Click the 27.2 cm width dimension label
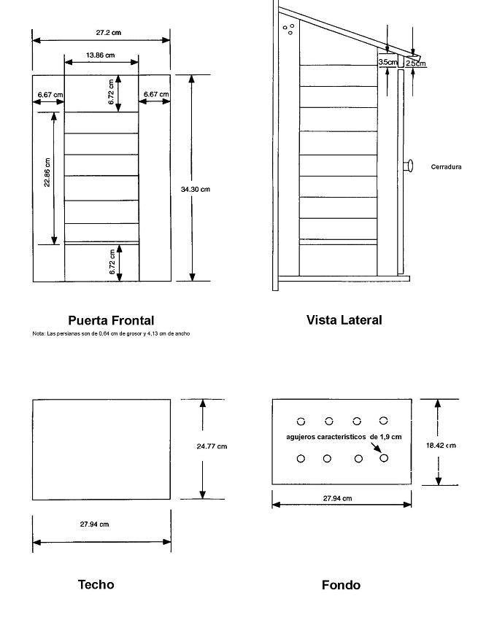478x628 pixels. [x=108, y=32]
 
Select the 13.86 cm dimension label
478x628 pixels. [x=100, y=55]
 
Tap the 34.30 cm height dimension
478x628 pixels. [x=195, y=189]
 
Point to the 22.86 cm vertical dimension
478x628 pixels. [x=47, y=172]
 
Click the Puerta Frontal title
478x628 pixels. [x=111, y=320]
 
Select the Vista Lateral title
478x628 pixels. [x=344, y=320]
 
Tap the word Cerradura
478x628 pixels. [x=446, y=167]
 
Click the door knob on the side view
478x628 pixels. [x=408, y=166]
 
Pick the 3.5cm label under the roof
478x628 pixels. [x=388, y=62]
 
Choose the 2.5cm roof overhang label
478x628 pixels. [x=415, y=63]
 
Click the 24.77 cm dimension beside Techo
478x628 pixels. [x=212, y=446]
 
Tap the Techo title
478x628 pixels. [x=96, y=585]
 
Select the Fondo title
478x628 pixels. [x=341, y=585]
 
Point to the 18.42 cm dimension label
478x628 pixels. [x=441, y=446]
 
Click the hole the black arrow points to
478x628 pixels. [x=384, y=458]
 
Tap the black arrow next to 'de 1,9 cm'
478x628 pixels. [x=374, y=447]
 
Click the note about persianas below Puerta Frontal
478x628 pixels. [x=111, y=333]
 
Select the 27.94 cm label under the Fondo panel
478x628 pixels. [x=337, y=498]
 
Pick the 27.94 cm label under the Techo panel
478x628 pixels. [x=94, y=524]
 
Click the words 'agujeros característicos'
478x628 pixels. [x=325, y=437]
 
